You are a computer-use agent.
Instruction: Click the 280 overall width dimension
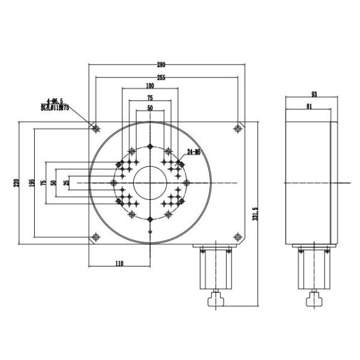coord(163,64)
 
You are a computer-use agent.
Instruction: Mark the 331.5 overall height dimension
coord(256,214)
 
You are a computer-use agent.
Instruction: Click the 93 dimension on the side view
coord(314,94)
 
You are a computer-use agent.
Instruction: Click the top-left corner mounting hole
coord(95,128)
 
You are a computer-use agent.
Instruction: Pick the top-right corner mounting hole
coord(238,128)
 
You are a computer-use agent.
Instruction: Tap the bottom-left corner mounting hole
coord(95,237)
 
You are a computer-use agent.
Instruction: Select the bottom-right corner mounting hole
coord(238,238)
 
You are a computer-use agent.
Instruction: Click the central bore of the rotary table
coord(149,182)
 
